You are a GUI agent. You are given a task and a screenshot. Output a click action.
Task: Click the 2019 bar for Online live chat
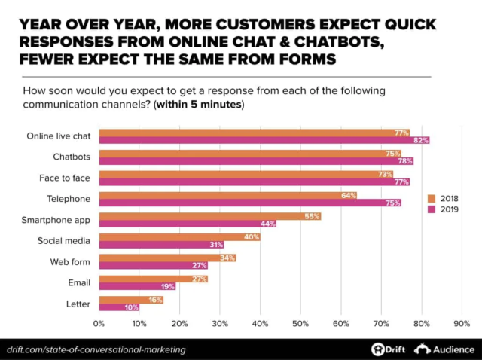click(x=264, y=140)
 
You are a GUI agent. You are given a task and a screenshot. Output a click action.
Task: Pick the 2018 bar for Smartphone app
click(x=209, y=216)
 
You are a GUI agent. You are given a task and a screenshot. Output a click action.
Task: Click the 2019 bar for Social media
click(x=161, y=245)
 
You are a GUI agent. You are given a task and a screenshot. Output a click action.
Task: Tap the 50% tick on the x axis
click(x=300, y=324)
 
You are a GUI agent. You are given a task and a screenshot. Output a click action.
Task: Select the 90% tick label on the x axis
click(x=462, y=324)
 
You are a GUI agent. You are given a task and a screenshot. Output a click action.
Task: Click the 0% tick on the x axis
click(x=99, y=324)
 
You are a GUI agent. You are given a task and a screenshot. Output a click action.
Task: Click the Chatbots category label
click(x=72, y=157)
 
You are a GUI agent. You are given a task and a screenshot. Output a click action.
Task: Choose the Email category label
click(x=79, y=283)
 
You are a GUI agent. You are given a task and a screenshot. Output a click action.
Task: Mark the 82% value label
click(x=420, y=140)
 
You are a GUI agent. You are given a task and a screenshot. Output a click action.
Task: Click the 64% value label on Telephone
click(x=348, y=195)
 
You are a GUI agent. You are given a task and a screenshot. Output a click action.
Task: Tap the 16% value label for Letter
click(x=154, y=300)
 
